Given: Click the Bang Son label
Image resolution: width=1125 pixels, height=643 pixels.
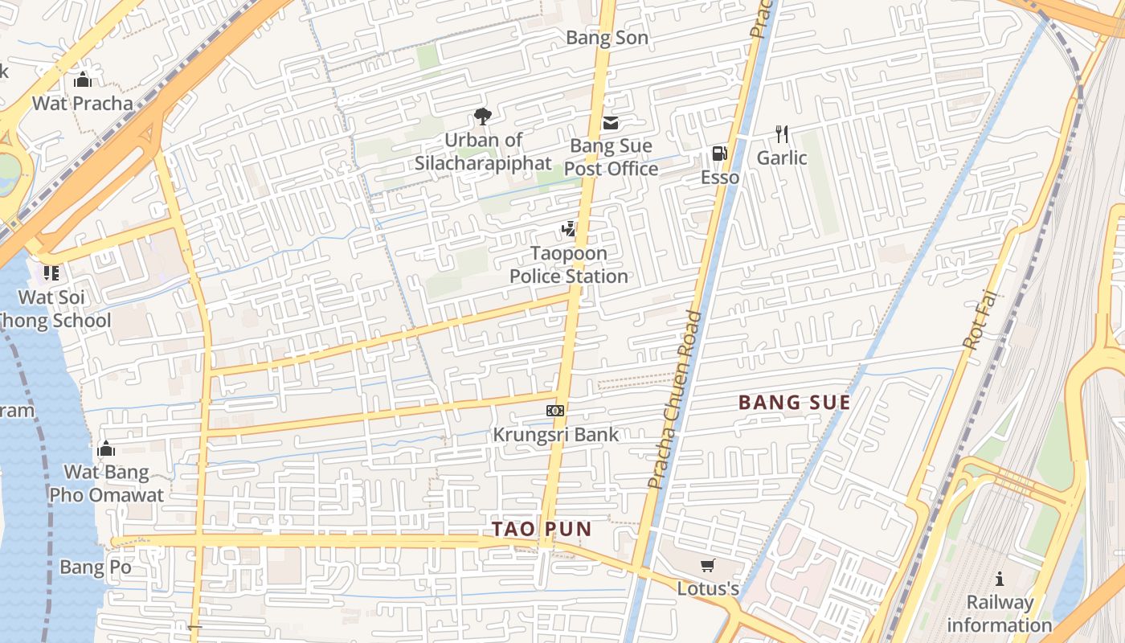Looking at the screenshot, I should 607,38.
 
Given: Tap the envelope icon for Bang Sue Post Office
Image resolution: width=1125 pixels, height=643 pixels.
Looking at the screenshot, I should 611,123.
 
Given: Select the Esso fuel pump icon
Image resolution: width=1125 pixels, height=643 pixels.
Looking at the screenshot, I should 719,154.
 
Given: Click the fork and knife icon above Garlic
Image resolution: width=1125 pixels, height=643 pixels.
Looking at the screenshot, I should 782,134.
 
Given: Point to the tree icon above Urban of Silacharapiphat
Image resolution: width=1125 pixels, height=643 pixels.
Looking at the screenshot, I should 482,117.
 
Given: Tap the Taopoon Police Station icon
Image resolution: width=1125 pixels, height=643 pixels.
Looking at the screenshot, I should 569,229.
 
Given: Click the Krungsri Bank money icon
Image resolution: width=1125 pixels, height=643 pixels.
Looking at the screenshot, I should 555,411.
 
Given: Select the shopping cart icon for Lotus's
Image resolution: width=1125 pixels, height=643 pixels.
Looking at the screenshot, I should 707,565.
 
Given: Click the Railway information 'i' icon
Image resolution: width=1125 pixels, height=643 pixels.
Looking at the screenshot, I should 999,579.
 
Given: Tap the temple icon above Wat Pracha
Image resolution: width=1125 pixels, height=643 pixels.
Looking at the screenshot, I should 82,80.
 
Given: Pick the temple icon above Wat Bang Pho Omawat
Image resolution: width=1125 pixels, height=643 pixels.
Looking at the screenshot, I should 106,448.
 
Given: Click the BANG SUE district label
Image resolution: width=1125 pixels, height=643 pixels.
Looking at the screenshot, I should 794,403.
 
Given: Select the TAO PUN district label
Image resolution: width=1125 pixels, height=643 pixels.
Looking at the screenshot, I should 542,530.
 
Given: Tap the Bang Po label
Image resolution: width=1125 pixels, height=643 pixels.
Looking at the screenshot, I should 95,568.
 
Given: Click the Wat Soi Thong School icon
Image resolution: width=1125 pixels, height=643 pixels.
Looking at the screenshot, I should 51,273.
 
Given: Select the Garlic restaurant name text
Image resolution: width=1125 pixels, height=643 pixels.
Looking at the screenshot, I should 782,158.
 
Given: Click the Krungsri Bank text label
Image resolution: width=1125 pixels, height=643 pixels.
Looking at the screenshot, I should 555,435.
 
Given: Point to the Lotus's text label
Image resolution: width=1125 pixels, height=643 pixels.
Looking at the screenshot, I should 707,589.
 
